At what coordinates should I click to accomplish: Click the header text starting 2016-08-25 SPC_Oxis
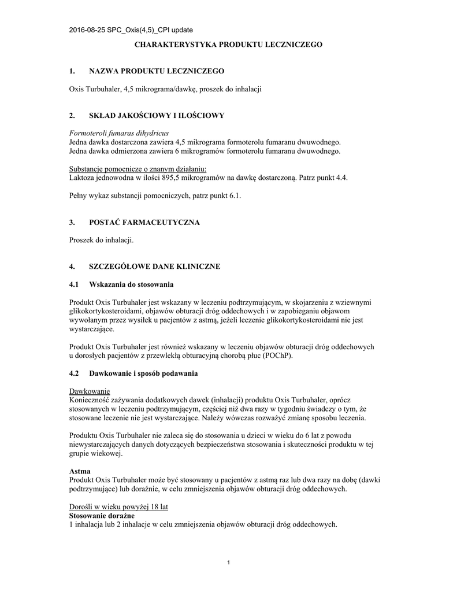(x=131, y=29)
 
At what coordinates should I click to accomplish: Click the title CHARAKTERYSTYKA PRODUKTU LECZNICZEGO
(x=228, y=44)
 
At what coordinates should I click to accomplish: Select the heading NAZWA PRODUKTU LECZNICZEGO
(x=156, y=71)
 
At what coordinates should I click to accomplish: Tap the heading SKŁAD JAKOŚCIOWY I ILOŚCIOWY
(x=156, y=116)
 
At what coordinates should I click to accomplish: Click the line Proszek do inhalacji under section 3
(x=102, y=240)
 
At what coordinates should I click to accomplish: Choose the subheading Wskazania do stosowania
(x=131, y=284)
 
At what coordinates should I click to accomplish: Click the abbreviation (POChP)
(x=277, y=356)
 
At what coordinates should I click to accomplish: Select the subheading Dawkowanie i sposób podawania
(x=143, y=373)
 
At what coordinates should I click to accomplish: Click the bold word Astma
(x=80, y=471)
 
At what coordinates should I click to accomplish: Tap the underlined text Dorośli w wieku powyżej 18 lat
(x=118, y=507)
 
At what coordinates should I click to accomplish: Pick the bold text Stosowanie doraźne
(x=102, y=516)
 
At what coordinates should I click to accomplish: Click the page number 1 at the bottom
(x=229, y=563)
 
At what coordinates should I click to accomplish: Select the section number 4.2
(x=74, y=373)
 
